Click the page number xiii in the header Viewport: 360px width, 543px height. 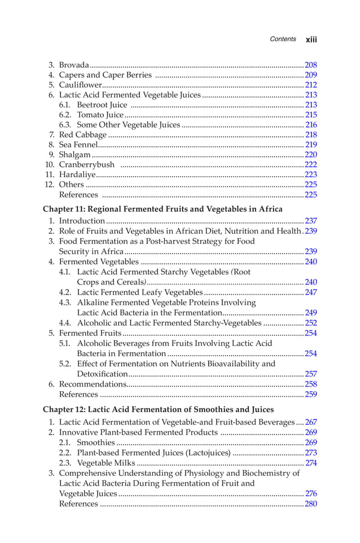pyautogui.click(x=311, y=40)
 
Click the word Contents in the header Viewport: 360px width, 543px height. pyautogui.click(x=283, y=39)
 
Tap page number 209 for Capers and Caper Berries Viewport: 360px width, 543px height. pyautogui.click(x=310, y=75)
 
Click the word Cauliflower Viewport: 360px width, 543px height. pyautogui.click(x=80, y=85)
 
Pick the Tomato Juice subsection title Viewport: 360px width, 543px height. pyautogui.click(x=100, y=115)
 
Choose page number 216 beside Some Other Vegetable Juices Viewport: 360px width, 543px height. pyautogui.click(x=310, y=125)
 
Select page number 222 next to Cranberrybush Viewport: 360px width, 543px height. pyautogui.click(x=310, y=165)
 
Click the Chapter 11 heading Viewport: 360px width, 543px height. pyautogui.click(x=163, y=209)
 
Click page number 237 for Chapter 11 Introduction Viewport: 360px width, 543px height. pyautogui.click(x=310, y=221)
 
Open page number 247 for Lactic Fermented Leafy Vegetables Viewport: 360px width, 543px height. pyautogui.click(x=310, y=292)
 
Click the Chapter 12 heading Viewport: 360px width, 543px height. pyautogui.click(x=158, y=409)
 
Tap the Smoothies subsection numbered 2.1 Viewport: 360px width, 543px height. pyautogui.click(x=95, y=443)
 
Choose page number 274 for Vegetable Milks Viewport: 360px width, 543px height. pyautogui.click(x=310, y=463)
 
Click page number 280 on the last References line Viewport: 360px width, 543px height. pyautogui.click(x=310, y=503)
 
